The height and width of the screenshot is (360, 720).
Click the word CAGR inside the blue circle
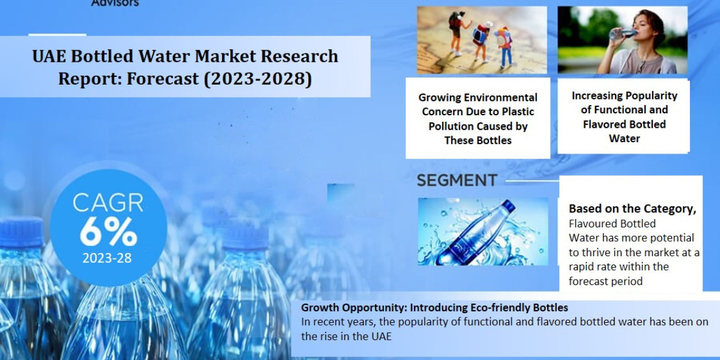[x=108, y=203]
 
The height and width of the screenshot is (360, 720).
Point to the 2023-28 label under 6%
[x=108, y=259]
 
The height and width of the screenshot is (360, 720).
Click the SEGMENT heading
[x=457, y=180]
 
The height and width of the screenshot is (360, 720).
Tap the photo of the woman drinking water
[x=622, y=40]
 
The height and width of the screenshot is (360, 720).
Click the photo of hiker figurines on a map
[x=482, y=40]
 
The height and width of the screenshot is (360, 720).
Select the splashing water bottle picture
[x=482, y=232]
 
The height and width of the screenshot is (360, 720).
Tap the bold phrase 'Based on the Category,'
[x=632, y=209]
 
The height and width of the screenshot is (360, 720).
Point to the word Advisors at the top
[x=115, y=3]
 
